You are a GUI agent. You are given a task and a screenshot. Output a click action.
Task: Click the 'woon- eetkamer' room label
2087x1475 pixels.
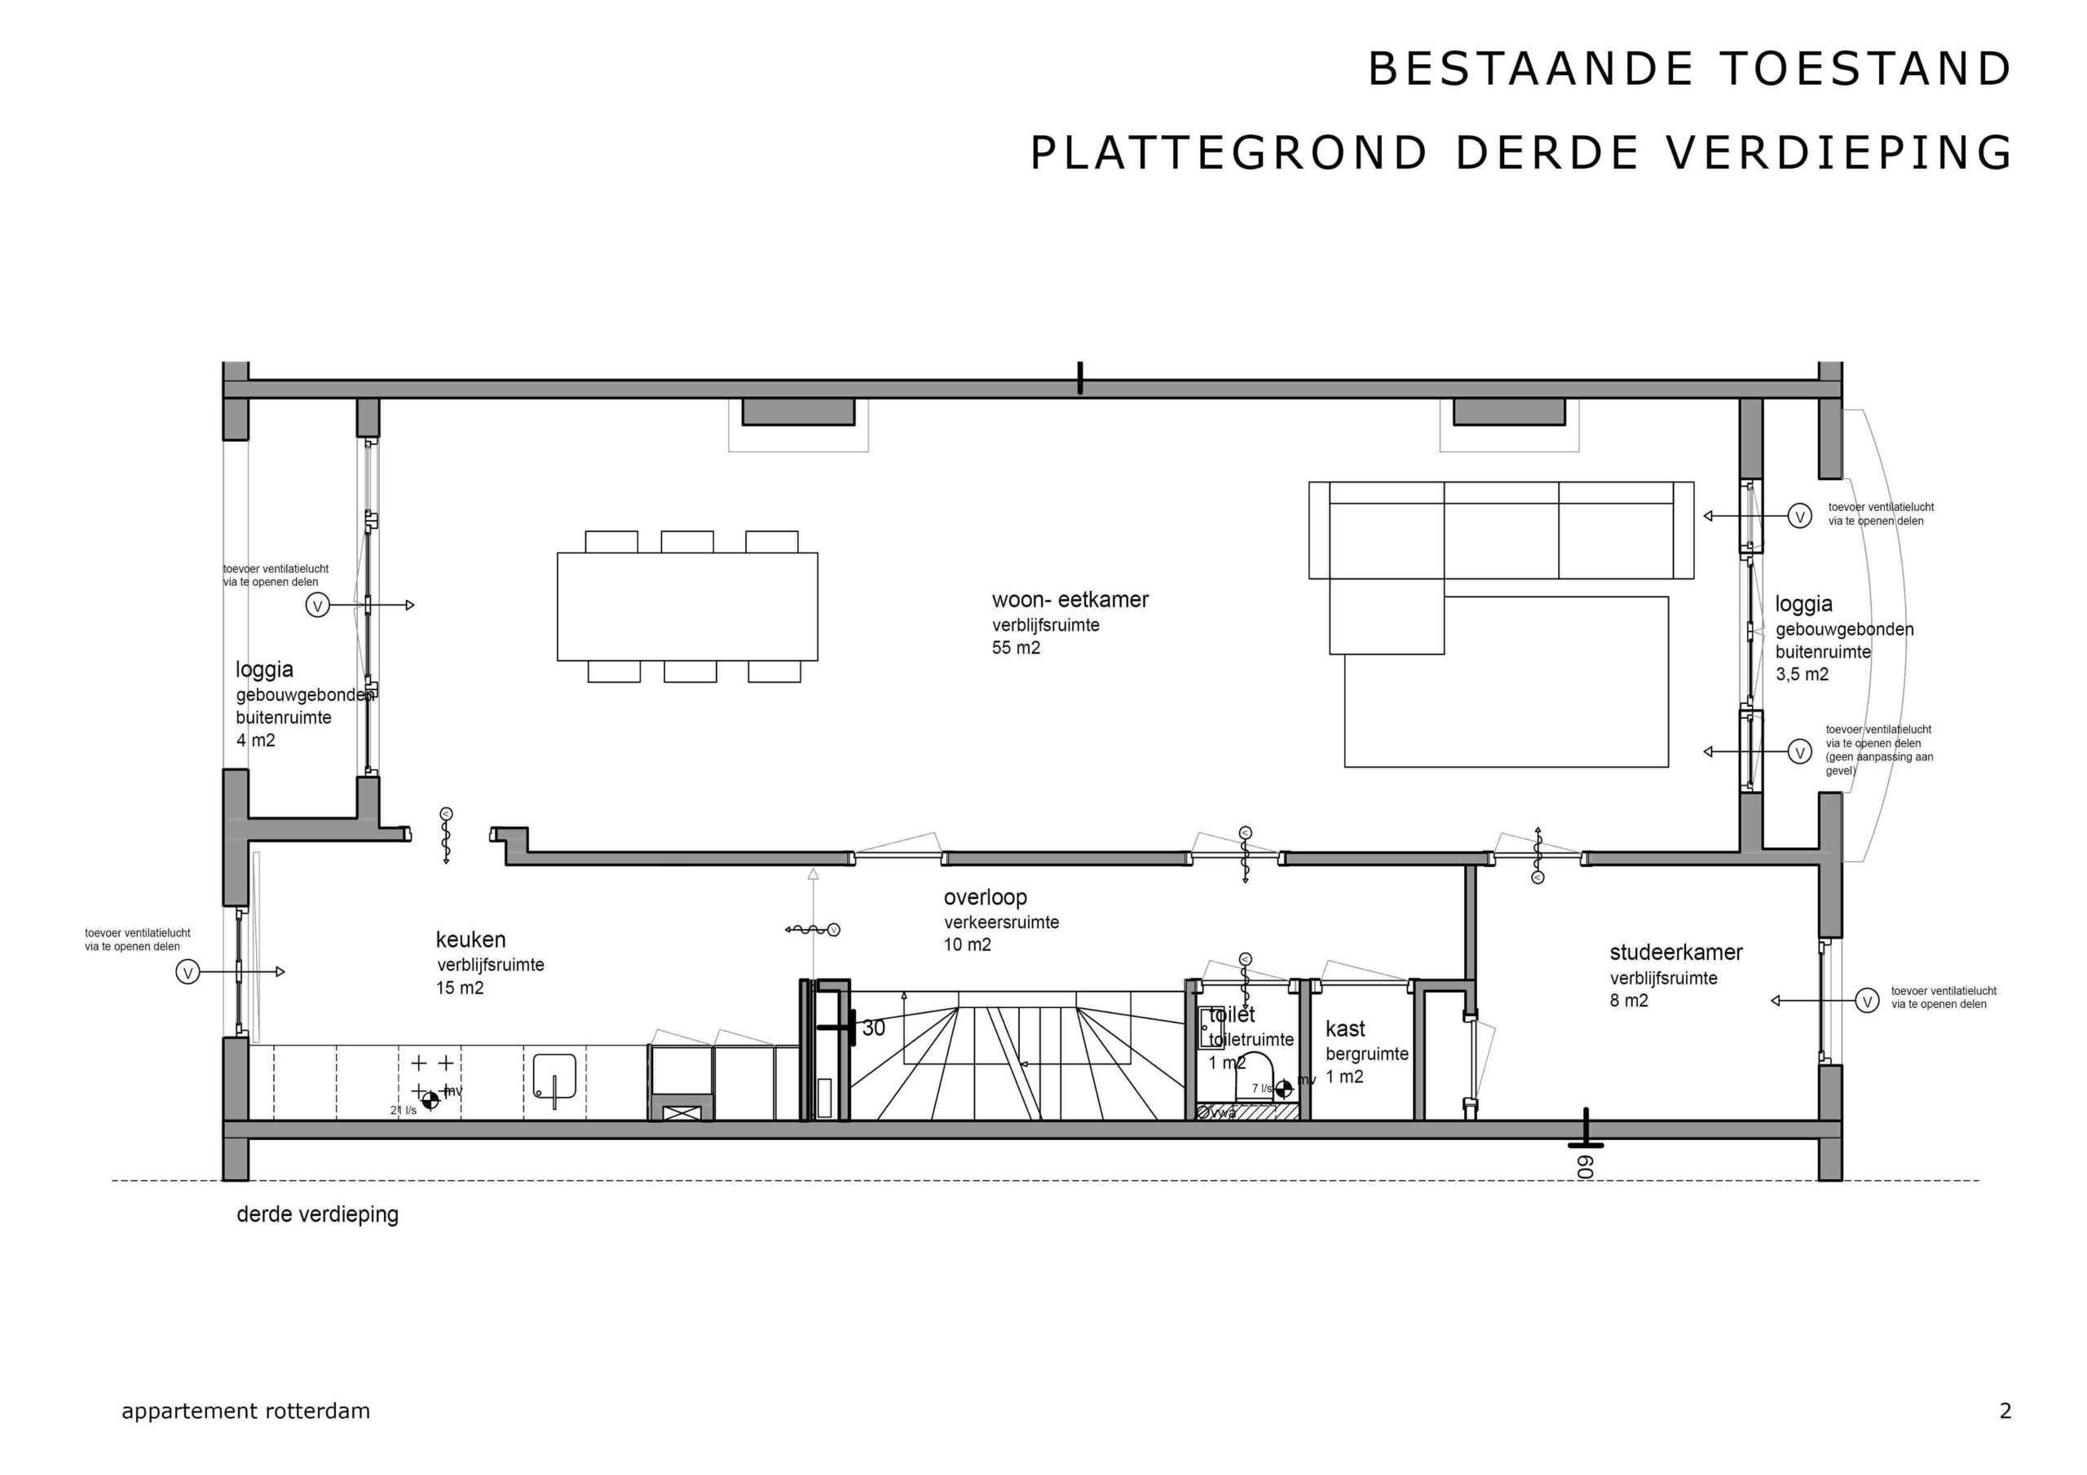[1070, 600]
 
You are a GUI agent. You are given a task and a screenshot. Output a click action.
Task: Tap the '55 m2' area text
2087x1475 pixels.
[1015, 648]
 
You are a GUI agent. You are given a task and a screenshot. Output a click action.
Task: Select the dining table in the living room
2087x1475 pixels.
[687, 606]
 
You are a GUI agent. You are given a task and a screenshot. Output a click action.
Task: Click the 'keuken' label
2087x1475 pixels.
[470, 940]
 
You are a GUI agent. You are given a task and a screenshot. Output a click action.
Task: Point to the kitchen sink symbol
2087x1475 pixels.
[554, 1076]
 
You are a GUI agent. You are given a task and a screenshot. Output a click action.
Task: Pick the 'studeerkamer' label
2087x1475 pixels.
[1676, 953]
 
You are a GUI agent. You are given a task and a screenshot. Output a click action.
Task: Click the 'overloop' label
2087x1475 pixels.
[985, 898]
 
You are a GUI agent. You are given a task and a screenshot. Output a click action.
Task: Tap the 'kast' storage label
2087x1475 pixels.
[1345, 1028]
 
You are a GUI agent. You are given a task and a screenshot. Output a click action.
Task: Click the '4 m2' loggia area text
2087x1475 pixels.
[255, 741]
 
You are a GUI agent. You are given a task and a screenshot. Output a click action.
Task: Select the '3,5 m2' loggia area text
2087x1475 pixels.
[1802, 674]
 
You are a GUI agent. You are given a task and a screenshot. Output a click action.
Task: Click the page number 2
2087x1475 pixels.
[2005, 1411]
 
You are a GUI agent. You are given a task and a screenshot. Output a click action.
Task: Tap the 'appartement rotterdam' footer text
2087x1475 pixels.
[245, 1411]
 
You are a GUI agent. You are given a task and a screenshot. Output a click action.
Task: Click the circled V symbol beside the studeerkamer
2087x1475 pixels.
[1867, 1002]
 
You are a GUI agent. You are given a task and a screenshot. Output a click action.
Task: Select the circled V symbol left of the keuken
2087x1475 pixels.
[188, 972]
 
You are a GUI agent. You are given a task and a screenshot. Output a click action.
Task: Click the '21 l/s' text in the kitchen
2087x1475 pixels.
[403, 1110]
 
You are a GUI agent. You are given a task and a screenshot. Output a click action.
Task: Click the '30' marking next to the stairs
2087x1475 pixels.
[873, 1028]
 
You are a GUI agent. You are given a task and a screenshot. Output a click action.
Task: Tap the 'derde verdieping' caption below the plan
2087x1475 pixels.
[317, 1214]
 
